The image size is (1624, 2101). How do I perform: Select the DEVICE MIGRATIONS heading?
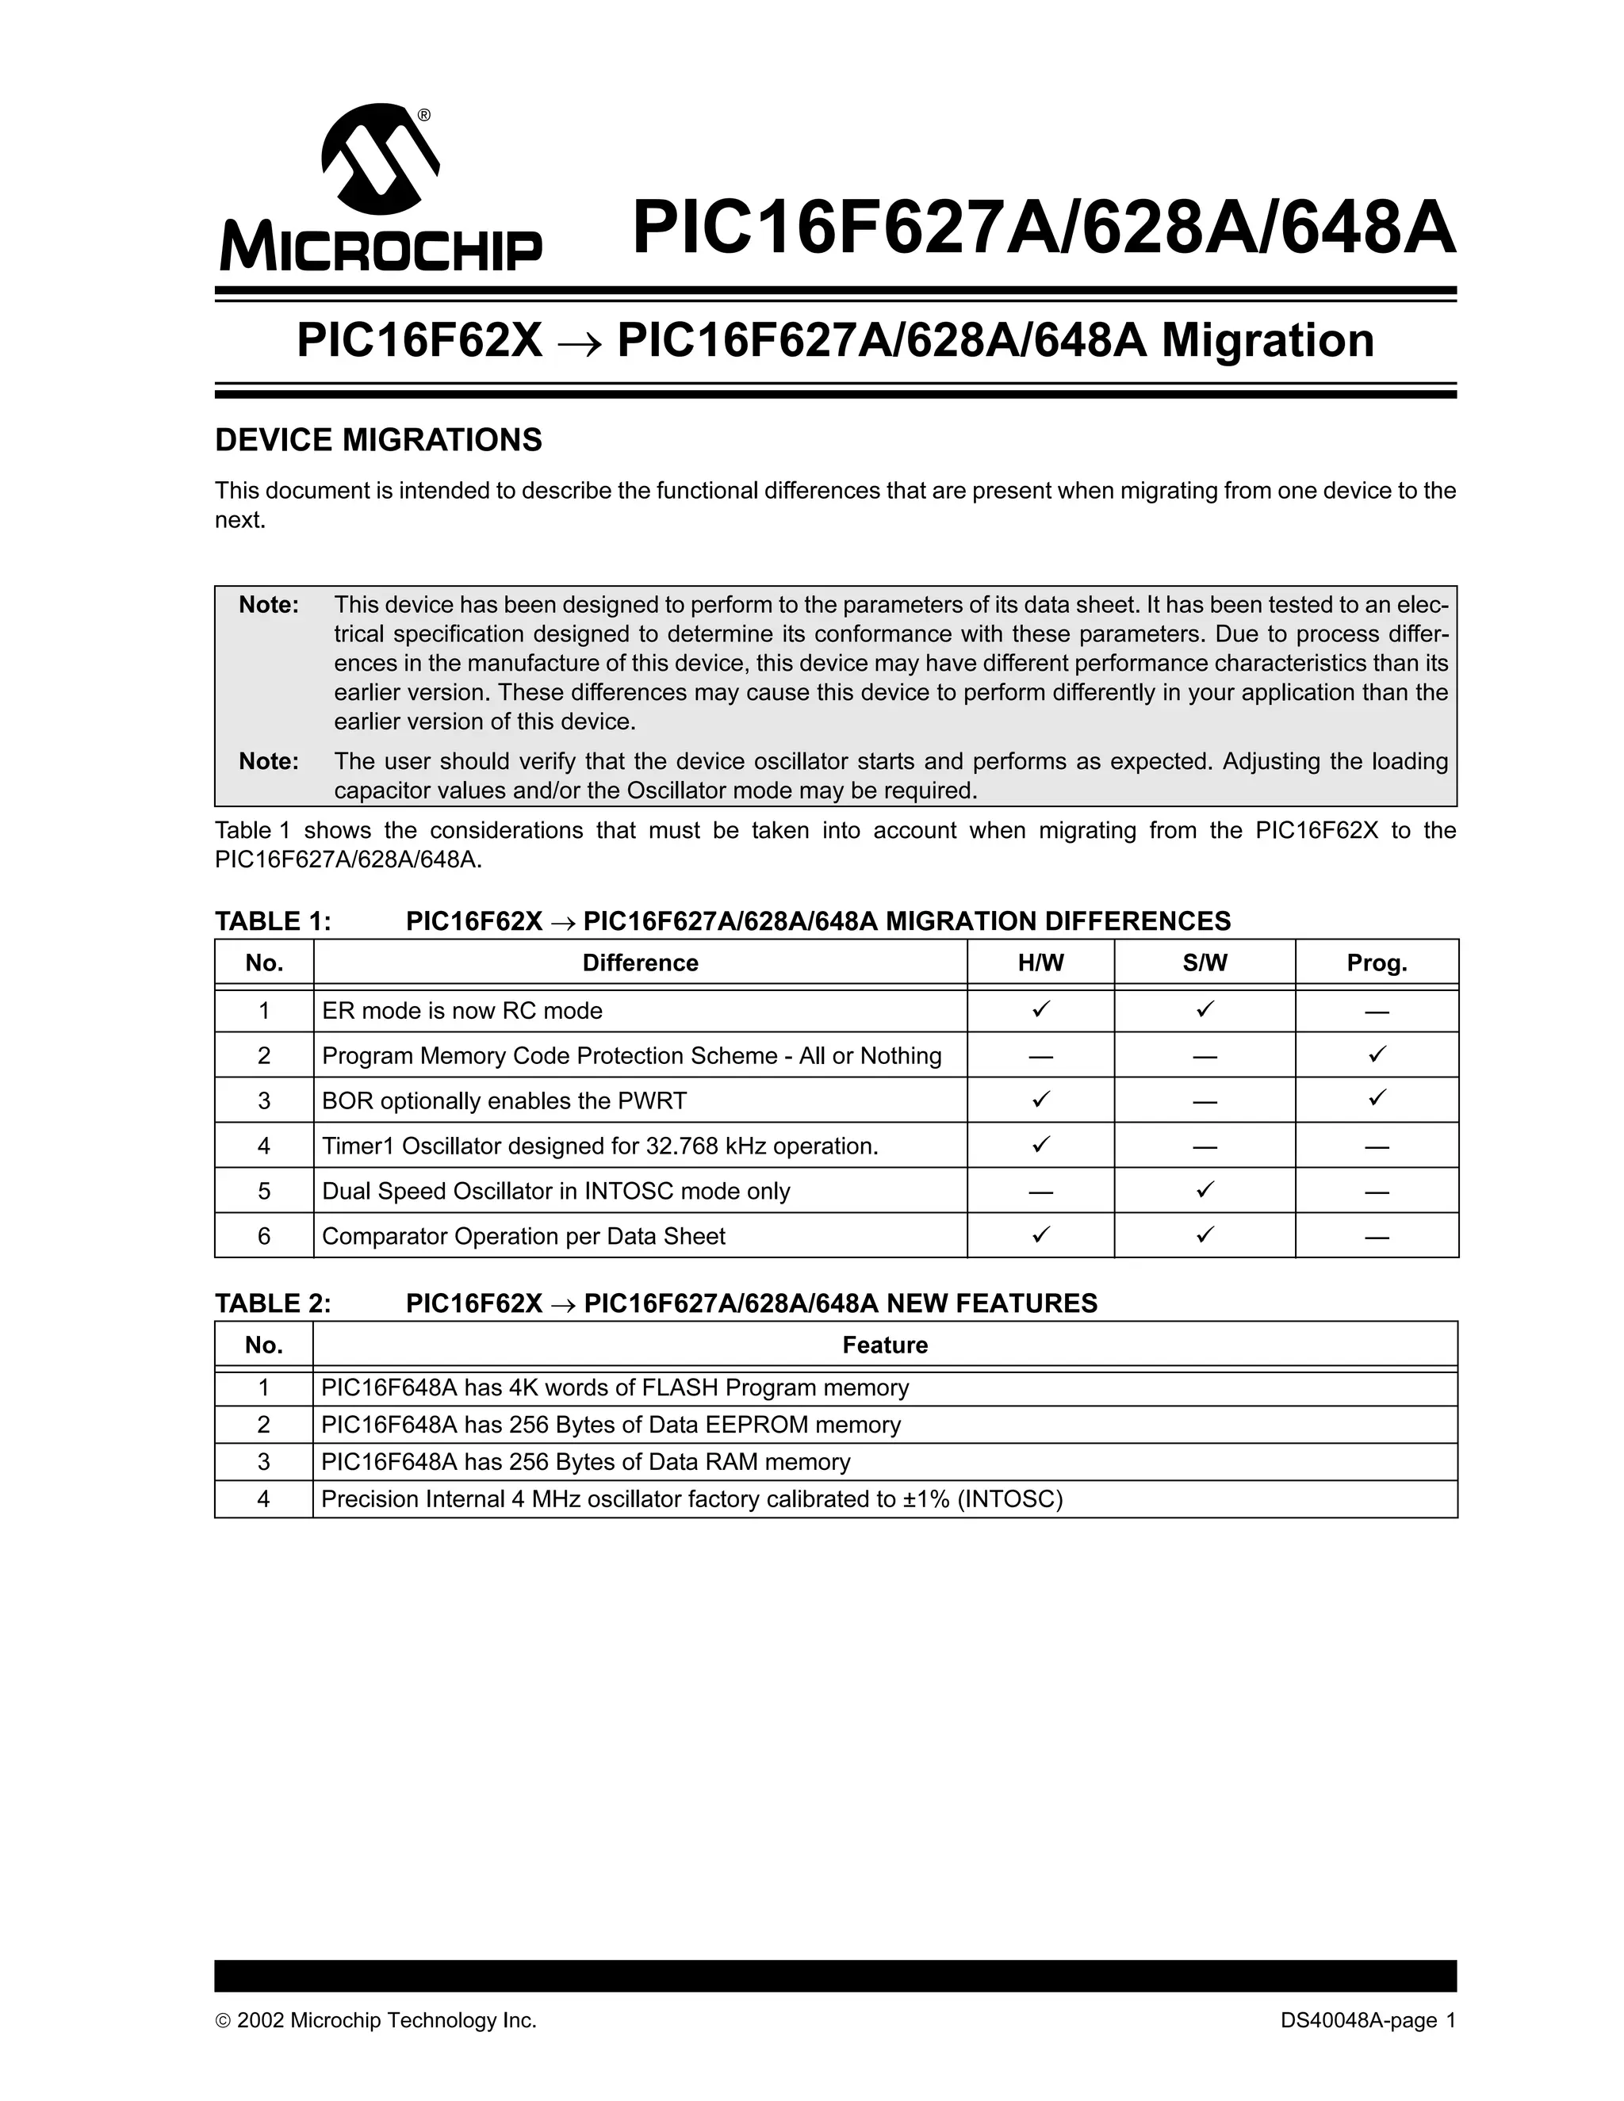pyautogui.click(x=378, y=441)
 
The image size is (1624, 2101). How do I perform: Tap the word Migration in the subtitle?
pyautogui.click(x=1268, y=341)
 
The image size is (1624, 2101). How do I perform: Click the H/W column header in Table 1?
pyautogui.click(x=1040, y=963)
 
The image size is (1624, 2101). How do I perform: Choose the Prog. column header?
pyautogui.click(x=1376, y=963)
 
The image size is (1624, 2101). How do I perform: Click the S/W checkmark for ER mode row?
pyautogui.click(x=1205, y=1009)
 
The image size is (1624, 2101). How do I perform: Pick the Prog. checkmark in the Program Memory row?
pyautogui.click(x=1377, y=1054)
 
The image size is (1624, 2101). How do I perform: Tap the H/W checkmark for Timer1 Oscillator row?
pyautogui.click(x=1040, y=1145)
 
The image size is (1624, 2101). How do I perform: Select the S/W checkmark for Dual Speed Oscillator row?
pyautogui.click(x=1205, y=1190)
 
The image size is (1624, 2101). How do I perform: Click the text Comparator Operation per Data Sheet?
pyautogui.click(x=523, y=1236)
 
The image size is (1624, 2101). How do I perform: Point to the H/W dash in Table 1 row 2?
pyautogui.click(x=1040, y=1056)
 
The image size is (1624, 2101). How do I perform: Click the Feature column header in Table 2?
pyautogui.click(x=884, y=1345)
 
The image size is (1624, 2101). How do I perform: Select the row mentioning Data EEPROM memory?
pyautogui.click(x=611, y=1425)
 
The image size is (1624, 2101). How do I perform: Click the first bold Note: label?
pyautogui.click(x=269, y=605)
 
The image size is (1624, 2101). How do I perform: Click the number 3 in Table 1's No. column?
pyautogui.click(x=263, y=1100)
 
